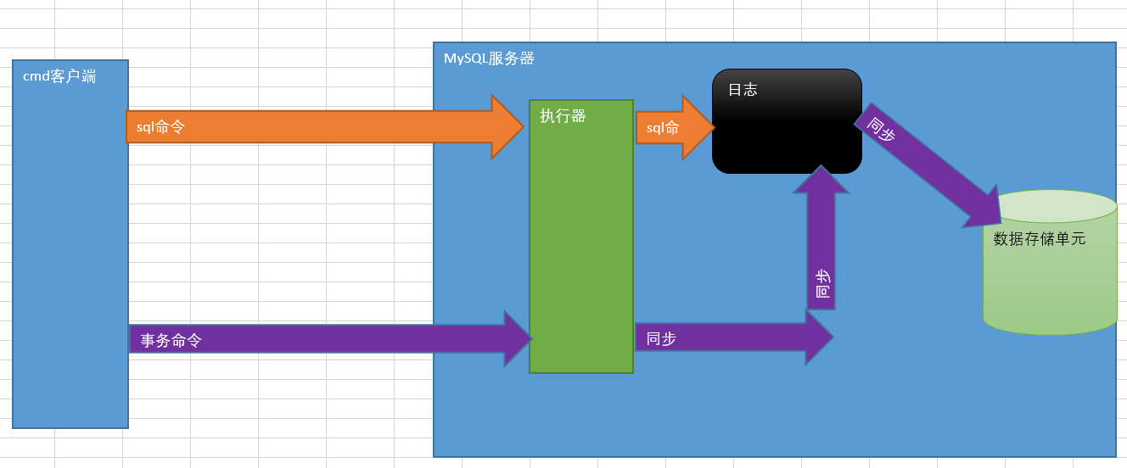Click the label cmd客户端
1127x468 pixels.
pos(59,77)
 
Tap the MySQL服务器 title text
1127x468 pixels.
pos(489,58)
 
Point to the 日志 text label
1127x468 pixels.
pos(743,90)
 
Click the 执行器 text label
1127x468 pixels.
pos(563,116)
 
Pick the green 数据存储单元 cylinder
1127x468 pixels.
pos(1050,280)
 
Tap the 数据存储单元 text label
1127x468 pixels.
pos(1040,239)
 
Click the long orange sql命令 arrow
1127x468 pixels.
pos(322,127)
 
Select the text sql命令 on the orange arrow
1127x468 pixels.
pos(160,127)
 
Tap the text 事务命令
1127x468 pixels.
pos(171,341)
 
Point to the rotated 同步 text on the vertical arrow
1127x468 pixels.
pos(822,284)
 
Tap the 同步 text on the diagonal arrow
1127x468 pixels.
pos(882,129)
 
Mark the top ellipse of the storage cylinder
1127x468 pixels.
pos(1050,206)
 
